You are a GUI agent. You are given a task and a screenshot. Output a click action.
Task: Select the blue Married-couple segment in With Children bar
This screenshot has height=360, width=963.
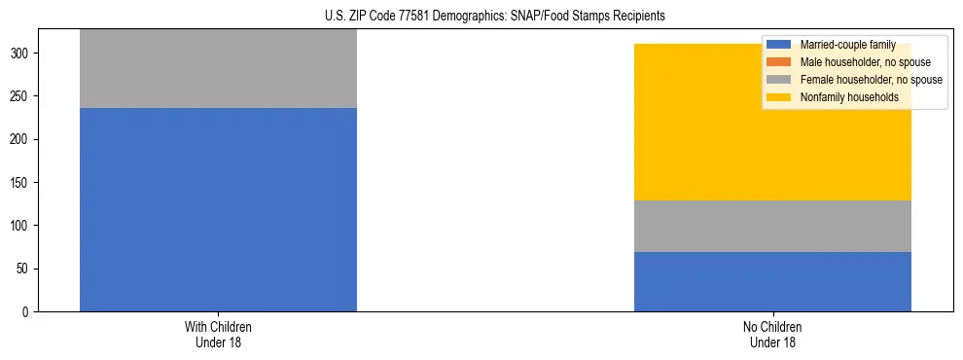(218, 209)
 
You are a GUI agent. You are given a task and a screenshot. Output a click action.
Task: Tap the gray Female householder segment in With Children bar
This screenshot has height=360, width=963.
(218, 68)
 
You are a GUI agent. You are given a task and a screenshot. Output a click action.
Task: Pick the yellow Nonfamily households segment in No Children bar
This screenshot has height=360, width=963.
(772, 122)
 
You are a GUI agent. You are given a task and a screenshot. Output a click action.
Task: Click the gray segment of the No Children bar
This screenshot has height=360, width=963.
(772, 226)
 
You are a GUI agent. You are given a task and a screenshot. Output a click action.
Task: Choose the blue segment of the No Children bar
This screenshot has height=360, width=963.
(772, 281)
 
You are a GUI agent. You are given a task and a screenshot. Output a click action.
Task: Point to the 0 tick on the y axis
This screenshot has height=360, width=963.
(28, 311)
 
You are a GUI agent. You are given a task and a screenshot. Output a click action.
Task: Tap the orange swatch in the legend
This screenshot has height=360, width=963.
(779, 62)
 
